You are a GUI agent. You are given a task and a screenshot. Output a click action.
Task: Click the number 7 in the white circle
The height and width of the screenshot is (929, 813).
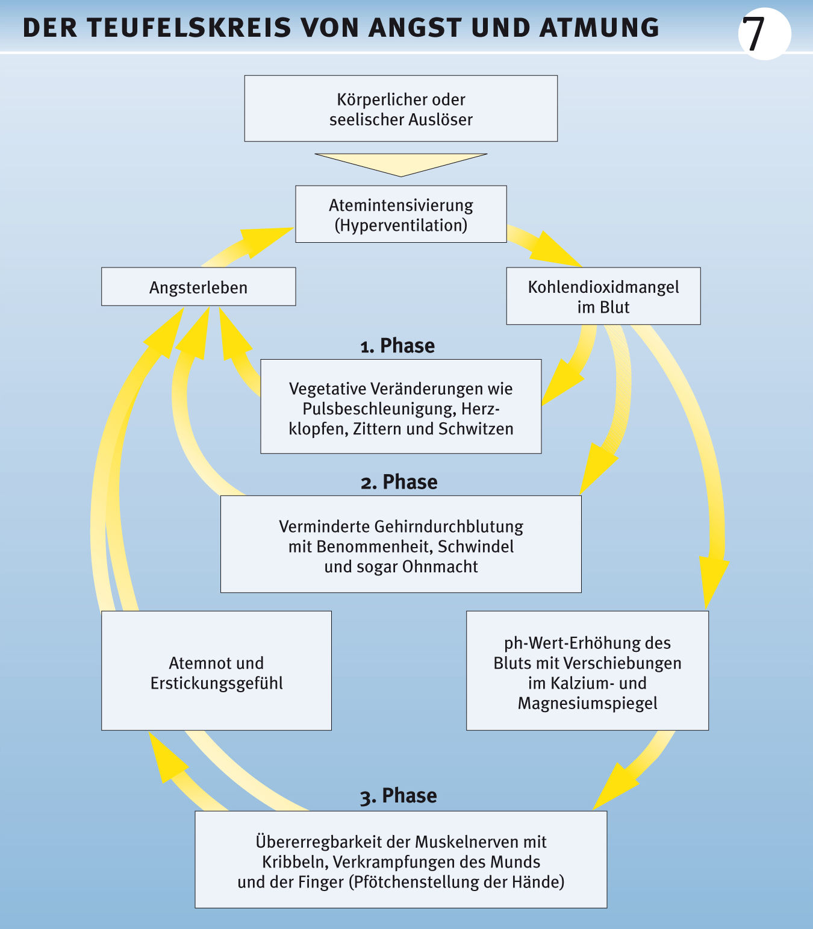[x=754, y=34]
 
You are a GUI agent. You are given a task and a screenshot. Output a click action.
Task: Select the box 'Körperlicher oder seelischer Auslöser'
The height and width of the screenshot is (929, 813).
[x=400, y=108]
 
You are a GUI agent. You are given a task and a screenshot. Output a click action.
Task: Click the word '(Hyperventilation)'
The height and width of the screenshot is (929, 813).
[x=401, y=225]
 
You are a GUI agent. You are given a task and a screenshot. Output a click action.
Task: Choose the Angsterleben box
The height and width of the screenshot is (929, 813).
[x=198, y=287]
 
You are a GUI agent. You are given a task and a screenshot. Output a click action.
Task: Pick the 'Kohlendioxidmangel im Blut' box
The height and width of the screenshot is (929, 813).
[x=603, y=296]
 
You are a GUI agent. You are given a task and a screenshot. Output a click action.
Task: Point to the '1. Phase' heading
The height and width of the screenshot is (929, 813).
[x=397, y=346]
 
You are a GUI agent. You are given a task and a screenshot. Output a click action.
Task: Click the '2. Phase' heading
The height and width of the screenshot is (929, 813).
[x=399, y=482]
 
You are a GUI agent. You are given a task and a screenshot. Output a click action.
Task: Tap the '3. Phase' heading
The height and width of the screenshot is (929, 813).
[x=399, y=796]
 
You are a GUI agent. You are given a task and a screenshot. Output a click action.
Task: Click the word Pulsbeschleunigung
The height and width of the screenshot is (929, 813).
[x=378, y=408]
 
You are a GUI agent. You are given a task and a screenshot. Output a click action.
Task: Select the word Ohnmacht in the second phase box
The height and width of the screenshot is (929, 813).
[x=440, y=567]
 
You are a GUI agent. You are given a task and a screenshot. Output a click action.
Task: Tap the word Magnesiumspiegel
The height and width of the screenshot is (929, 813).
[x=587, y=703]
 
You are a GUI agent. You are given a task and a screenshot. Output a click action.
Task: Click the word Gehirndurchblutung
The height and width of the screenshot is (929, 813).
[x=449, y=527]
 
